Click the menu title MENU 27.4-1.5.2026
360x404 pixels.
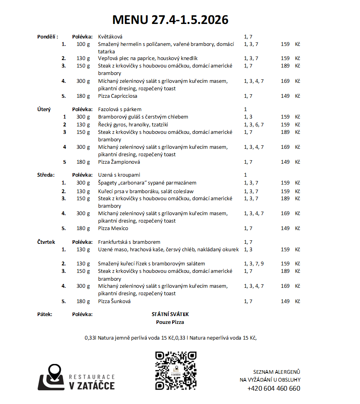(170, 20)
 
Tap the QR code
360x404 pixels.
(176, 370)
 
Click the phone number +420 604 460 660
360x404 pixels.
(274, 388)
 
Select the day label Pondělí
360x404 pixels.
(47, 37)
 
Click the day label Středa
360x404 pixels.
(46, 175)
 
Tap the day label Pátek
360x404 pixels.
(44, 314)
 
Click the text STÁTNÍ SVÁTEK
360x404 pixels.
(170, 314)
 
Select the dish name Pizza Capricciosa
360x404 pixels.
(118, 96)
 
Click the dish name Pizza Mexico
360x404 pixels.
(113, 228)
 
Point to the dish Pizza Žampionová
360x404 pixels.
(119, 162)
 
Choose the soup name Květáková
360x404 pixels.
(110, 37)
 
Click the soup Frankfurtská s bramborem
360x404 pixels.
(129, 242)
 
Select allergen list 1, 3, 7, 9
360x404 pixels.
(254, 263)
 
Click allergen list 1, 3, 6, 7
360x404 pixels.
(254, 124)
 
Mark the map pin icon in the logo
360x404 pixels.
(54, 373)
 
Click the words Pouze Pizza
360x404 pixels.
(170, 322)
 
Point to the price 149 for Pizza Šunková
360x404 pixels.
(285, 301)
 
